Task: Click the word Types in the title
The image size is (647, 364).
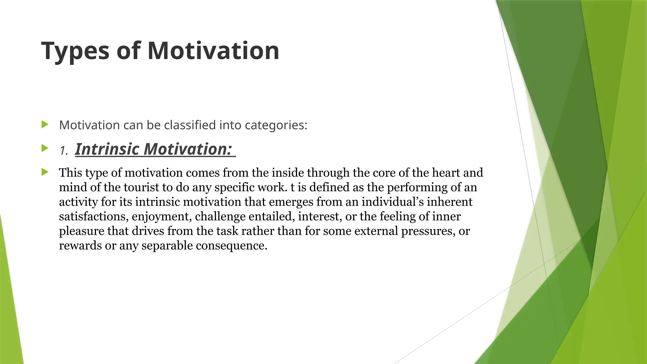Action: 75,51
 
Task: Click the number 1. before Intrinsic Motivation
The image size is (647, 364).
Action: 64,151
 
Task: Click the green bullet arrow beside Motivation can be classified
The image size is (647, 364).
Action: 45,124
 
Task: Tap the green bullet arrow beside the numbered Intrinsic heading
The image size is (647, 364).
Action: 45,148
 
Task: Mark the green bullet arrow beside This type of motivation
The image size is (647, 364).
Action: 45,172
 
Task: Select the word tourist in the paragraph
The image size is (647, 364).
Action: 141,187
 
